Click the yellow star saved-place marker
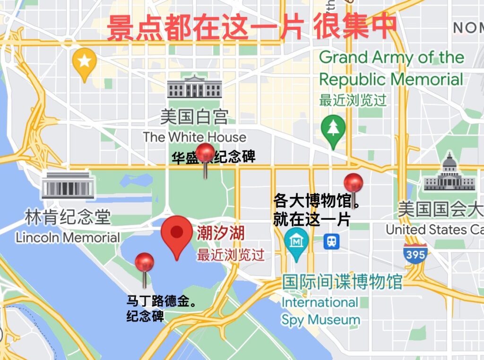(84, 61)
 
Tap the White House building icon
(194, 87)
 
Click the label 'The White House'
(195, 137)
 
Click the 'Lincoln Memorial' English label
(68, 237)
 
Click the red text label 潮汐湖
(221, 233)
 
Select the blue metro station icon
(331, 242)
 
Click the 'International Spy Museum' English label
(320, 311)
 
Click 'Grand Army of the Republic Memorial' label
(391, 69)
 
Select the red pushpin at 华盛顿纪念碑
(205, 154)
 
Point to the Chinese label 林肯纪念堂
(68, 217)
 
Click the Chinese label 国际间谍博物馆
(342, 282)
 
